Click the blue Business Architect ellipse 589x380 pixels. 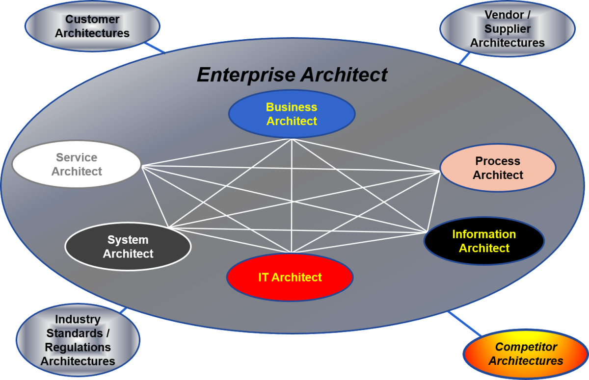coord(292,114)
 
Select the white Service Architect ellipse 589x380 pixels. coord(77,165)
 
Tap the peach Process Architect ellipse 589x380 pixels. coord(498,168)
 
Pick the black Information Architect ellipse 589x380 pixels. coord(484,241)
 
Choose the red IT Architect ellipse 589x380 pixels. coord(290,278)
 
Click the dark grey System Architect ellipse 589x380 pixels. coord(128,247)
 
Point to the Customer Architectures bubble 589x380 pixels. coord(92,26)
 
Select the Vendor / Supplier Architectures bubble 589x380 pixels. coord(507,29)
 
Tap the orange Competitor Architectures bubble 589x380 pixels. coord(526,354)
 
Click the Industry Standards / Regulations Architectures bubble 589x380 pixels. coord(78,340)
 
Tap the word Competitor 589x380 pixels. coord(526,347)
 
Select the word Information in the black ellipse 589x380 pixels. coord(484,234)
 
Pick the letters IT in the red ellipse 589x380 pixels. coord(264,278)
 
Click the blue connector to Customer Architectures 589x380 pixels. coord(156,48)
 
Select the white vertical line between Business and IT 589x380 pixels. coord(292,196)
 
